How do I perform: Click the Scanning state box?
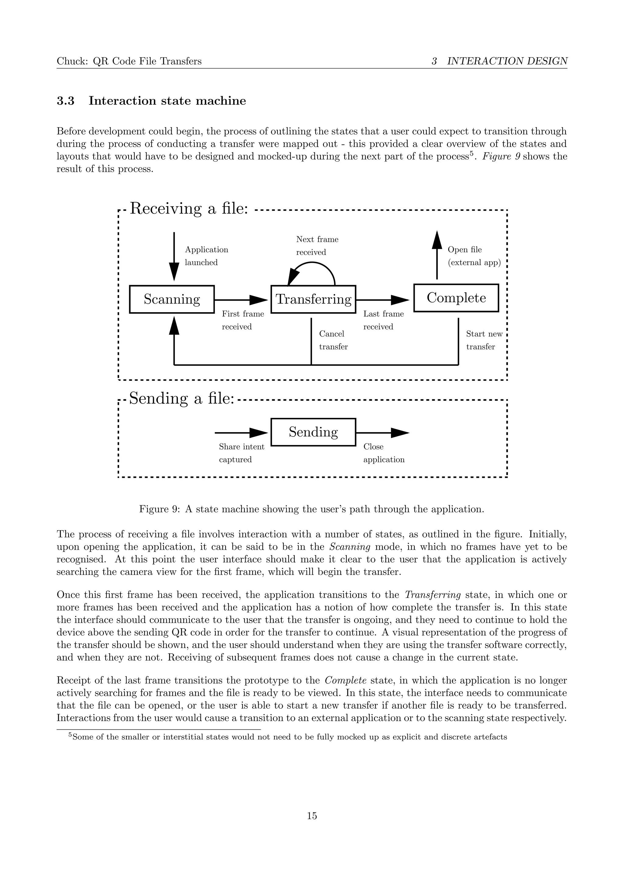(x=172, y=299)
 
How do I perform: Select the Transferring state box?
(x=313, y=299)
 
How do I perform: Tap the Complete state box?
(x=456, y=298)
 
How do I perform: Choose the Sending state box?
(x=313, y=432)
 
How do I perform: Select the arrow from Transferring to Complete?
(x=383, y=299)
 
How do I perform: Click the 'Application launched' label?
(x=206, y=256)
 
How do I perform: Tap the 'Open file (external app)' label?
(x=474, y=256)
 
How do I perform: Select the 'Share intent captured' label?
(x=241, y=453)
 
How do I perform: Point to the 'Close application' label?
(x=384, y=453)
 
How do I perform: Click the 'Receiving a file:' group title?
(x=189, y=209)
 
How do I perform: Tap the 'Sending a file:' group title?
(x=181, y=398)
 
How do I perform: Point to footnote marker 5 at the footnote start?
(x=70, y=735)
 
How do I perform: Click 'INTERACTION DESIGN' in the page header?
(x=507, y=61)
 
